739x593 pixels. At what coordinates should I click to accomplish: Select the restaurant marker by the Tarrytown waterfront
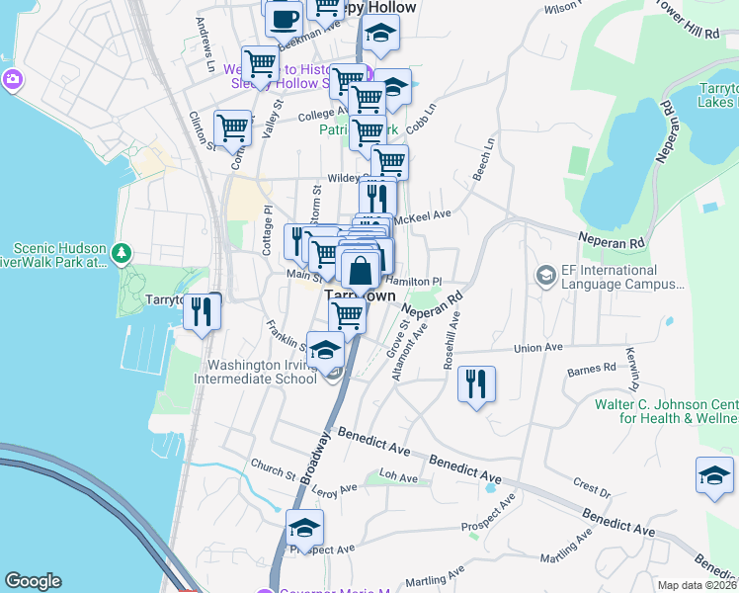pos(203,311)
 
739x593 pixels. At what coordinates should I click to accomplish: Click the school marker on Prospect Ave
pos(305,528)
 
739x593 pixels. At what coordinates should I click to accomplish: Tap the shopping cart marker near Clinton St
pos(233,127)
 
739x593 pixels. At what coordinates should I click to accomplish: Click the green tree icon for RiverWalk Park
pos(122,254)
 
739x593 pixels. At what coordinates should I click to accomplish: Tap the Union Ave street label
pos(537,348)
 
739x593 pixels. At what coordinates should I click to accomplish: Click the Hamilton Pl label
pos(433,282)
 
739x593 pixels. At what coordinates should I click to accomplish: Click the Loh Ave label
pos(399,477)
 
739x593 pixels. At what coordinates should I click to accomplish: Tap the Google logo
pos(33,581)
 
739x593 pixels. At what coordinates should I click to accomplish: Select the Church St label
pos(273,466)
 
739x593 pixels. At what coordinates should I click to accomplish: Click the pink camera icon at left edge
pos(12,79)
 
